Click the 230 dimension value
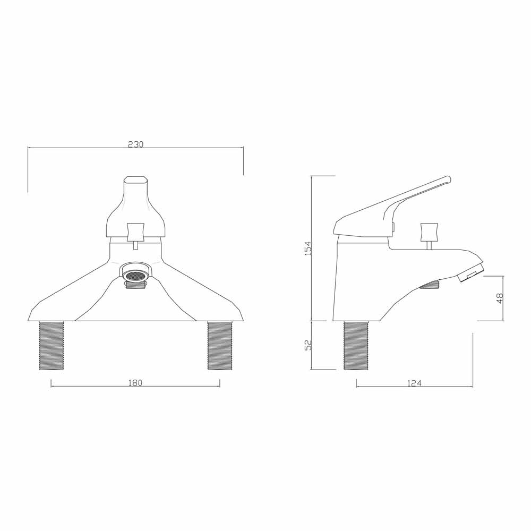pos(136,144)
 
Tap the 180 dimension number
pos(135,383)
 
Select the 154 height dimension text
pos(307,248)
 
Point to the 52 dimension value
pos(308,345)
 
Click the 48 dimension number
pos(499,298)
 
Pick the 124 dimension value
pos(414,383)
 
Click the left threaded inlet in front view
pos(52,345)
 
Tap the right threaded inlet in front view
pos(219,345)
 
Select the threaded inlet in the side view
pos(356,345)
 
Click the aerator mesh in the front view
pos(135,276)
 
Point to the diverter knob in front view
pos(135,231)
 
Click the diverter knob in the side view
pos(429,232)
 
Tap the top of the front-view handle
pos(135,180)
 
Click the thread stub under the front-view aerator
pos(135,285)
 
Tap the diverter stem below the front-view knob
pos(135,244)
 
